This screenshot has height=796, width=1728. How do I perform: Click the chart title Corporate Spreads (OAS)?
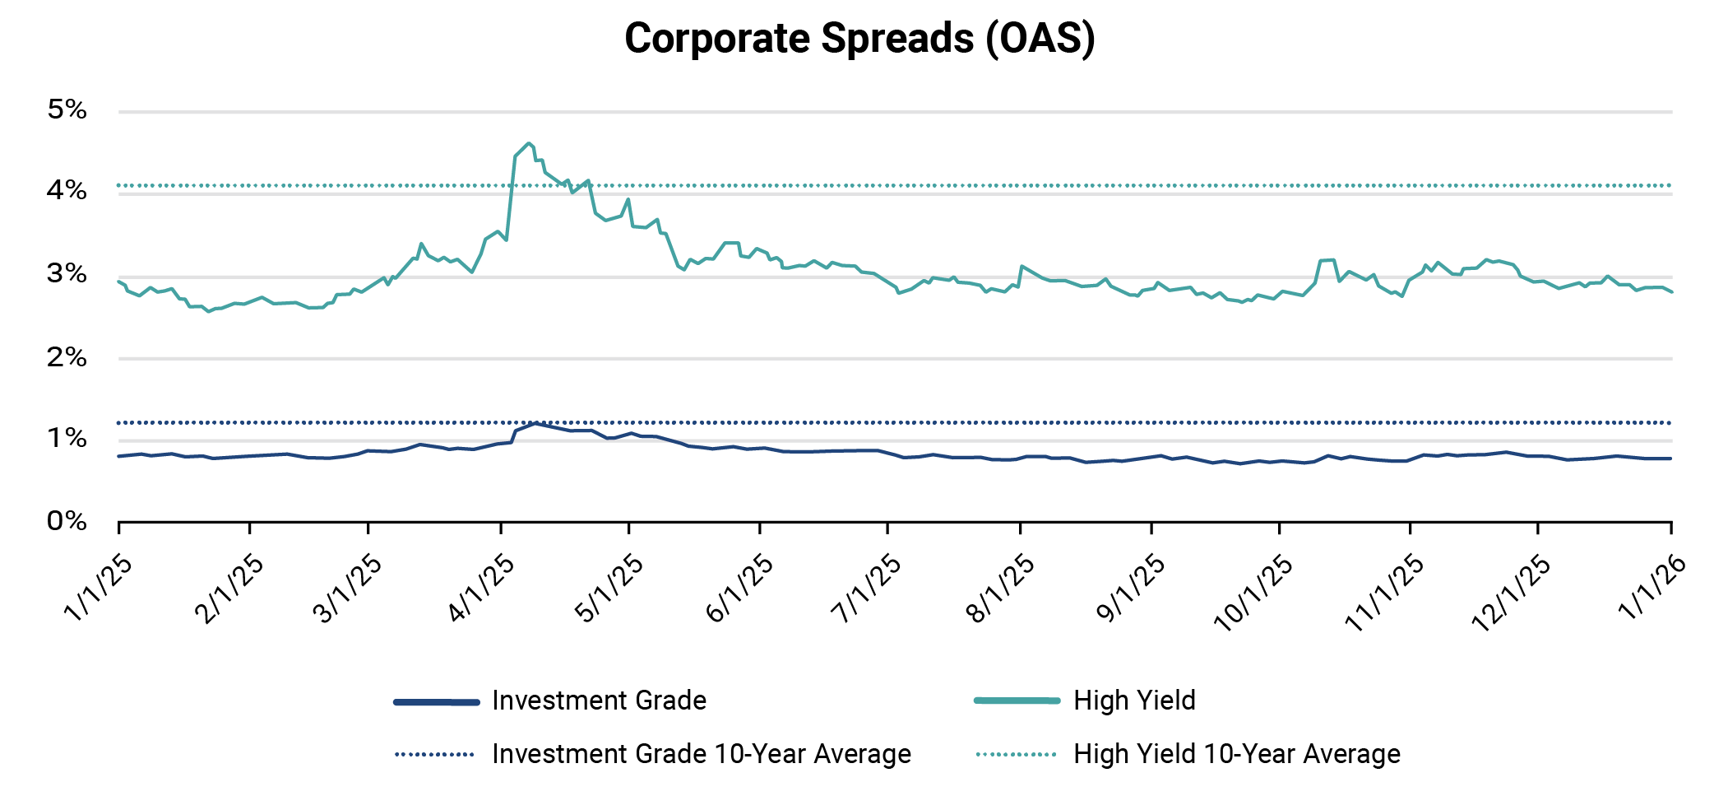coord(859,39)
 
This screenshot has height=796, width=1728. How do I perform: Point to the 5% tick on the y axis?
coord(67,109)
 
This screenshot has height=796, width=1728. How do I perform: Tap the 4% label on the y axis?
coord(67,191)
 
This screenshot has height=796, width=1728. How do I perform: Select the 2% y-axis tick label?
coord(67,357)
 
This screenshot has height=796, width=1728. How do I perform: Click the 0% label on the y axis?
coord(67,521)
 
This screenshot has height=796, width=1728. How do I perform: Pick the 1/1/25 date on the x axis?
coord(98,587)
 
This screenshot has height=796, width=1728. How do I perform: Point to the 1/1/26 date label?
coord(1652,587)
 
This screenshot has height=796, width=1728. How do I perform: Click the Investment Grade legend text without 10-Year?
coord(599,701)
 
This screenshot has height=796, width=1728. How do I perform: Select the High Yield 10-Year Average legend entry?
coord(1236,754)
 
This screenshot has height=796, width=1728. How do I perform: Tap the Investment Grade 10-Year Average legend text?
coord(701,754)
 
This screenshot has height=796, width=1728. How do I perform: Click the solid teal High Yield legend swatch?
coord(1017,701)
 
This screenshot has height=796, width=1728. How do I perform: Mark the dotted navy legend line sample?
coord(435,754)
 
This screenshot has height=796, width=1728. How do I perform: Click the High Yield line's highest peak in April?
coord(529,143)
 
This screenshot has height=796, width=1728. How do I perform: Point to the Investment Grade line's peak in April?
coord(536,423)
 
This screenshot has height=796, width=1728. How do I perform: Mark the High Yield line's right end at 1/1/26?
coord(1671,292)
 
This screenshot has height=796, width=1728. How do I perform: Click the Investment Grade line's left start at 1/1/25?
coord(120,456)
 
